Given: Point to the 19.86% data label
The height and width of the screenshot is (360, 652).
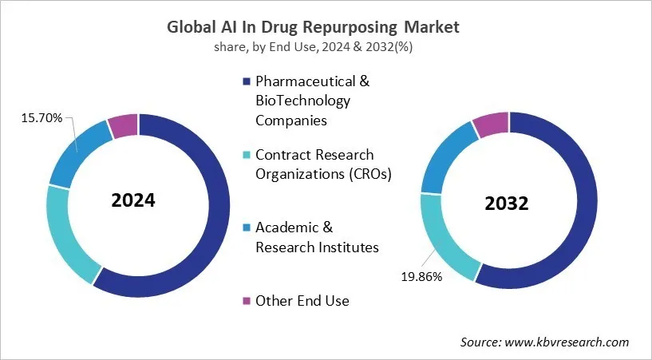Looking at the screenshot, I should pyautogui.click(x=421, y=277).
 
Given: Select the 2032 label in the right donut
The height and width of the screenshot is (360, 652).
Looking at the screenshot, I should pyautogui.click(x=507, y=204).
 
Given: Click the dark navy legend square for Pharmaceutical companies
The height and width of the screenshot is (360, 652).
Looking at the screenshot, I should pyautogui.click(x=247, y=81).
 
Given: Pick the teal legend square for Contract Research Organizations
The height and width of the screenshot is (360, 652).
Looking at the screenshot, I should pyautogui.click(x=247, y=154).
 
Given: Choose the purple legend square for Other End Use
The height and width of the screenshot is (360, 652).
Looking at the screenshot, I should pyautogui.click(x=247, y=300).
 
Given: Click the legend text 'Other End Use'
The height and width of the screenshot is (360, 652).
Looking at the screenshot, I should pyautogui.click(x=302, y=300).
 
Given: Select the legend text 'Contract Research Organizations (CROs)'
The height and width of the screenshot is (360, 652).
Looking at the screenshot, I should pyautogui.click(x=323, y=164).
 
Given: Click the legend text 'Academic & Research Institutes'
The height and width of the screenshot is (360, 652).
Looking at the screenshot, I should pyautogui.click(x=317, y=237).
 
